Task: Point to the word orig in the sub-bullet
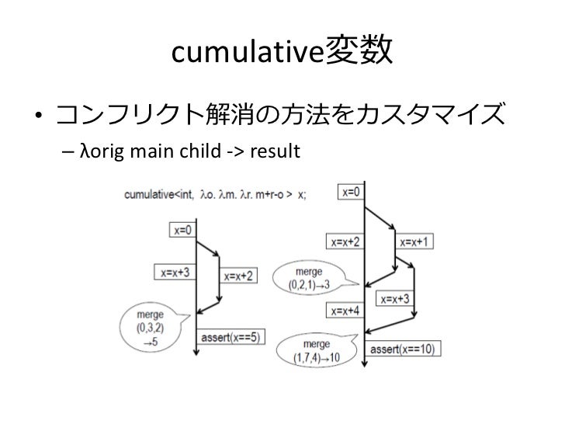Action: point(100,150)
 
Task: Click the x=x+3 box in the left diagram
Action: point(175,273)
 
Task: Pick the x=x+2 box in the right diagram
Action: point(347,241)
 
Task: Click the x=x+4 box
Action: point(347,311)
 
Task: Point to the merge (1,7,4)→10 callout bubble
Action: point(315,349)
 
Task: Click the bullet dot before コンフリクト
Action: point(36,120)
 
